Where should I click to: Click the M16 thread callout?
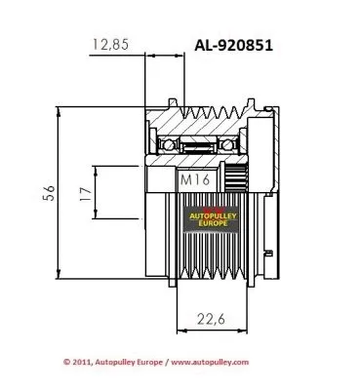coord(192,181)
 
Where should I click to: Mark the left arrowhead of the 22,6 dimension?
coord(180,328)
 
